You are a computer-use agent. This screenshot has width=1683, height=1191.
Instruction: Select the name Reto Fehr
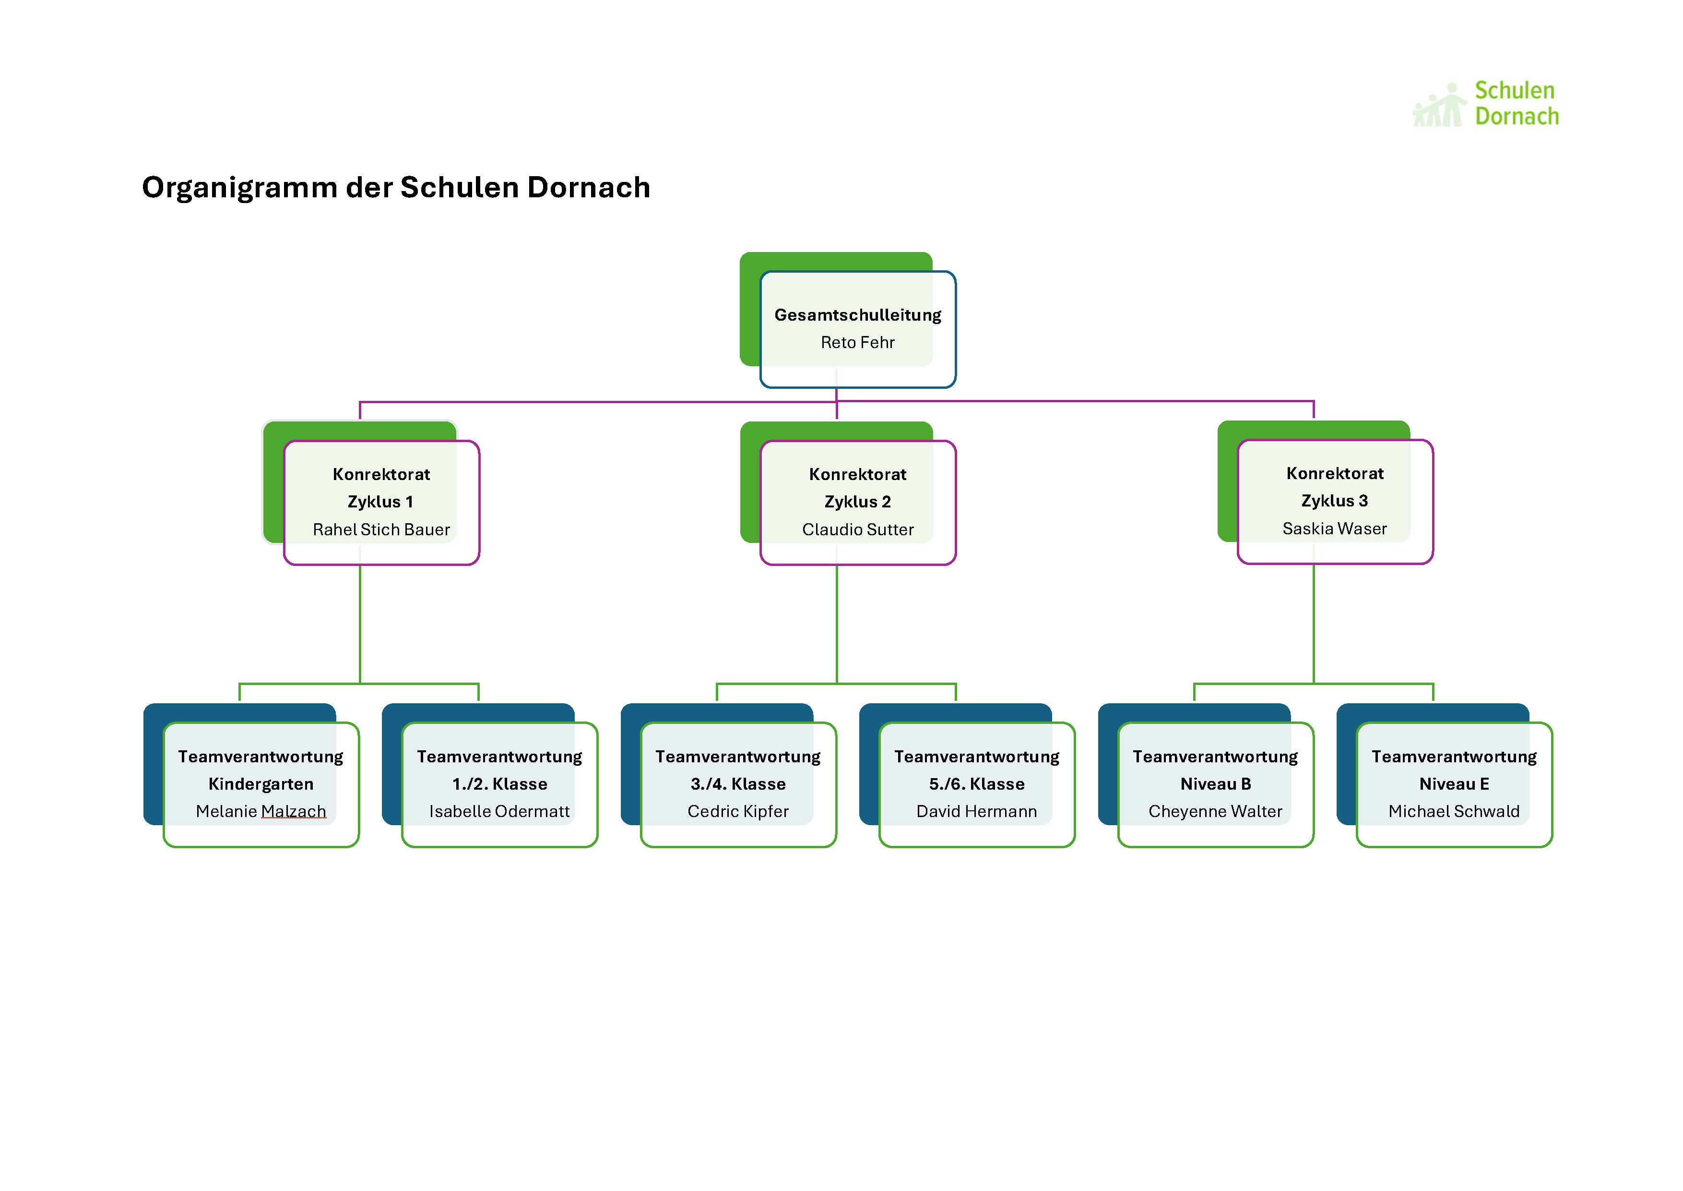[858, 342]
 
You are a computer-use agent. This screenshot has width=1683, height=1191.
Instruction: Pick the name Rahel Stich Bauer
[381, 529]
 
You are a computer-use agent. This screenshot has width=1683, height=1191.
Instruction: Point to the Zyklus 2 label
[858, 502]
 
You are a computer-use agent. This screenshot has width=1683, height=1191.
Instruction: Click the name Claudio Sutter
[858, 529]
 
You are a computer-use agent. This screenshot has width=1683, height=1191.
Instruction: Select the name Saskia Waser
[1335, 529]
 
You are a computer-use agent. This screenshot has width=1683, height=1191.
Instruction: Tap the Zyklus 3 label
[1335, 501]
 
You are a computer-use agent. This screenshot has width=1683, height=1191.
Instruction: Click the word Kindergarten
[261, 784]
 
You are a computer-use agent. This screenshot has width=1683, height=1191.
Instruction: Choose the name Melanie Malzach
[261, 811]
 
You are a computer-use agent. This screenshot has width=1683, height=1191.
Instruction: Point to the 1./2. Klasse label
[500, 784]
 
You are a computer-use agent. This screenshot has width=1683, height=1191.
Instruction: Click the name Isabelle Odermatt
[500, 811]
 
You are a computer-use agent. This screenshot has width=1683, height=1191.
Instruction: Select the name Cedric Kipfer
[738, 811]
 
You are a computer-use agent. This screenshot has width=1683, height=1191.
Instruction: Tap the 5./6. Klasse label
[977, 784]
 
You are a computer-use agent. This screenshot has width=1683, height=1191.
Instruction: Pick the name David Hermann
[977, 811]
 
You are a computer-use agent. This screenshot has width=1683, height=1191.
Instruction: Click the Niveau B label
[1215, 784]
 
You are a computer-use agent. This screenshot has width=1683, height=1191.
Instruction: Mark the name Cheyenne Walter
[1215, 811]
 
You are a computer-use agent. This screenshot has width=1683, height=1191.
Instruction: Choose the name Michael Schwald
[1454, 811]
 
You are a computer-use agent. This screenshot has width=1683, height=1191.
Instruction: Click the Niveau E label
[1454, 784]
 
